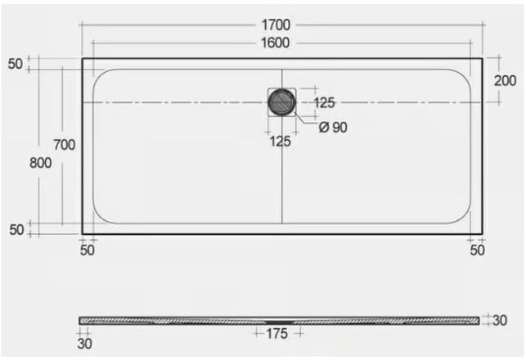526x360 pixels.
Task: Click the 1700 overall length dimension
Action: coord(276,25)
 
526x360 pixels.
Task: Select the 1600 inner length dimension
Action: coord(275,43)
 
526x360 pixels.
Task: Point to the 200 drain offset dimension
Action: coord(505,80)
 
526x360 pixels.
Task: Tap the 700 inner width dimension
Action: coord(65,145)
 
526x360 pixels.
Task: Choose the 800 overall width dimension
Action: coord(41,163)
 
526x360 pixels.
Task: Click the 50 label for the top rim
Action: coord(15,64)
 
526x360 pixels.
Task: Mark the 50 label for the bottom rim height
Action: coord(16,230)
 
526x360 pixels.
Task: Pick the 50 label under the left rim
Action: coord(88,250)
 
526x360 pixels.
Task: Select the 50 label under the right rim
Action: coord(477,250)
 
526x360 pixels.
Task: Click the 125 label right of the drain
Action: coord(324,102)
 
